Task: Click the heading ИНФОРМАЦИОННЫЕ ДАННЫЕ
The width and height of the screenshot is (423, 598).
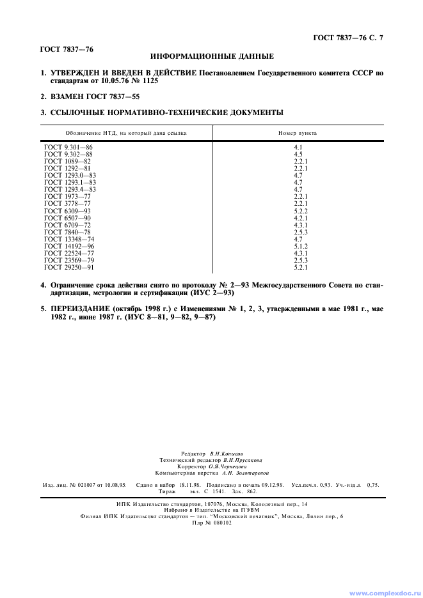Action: pyautogui.click(x=212, y=56)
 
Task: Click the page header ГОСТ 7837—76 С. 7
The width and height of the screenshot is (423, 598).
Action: pyautogui.click(x=348, y=38)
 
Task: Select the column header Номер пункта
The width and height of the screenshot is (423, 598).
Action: pyautogui.click(x=298, y=133)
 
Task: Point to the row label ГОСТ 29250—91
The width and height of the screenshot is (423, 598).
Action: pyautogui.click(x=69, y=267)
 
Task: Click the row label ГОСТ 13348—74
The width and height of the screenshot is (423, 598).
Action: pyautogui.click(x=69, y=239)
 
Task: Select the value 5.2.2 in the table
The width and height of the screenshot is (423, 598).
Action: pyautogui.click(x=301, y=211)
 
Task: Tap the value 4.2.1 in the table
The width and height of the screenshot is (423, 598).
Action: pyautogui.click(x=301, y=218)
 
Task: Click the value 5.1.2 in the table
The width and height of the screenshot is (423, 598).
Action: pyautogui.click(x=301, y=246)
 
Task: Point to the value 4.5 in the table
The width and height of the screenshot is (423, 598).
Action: pyautogui.click(x=298, y=155)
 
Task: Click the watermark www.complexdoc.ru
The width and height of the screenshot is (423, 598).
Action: pyautogui.click(x=383, y=592)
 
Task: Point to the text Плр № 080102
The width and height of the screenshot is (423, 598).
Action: pyautogui.click(x=212, y=522)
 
